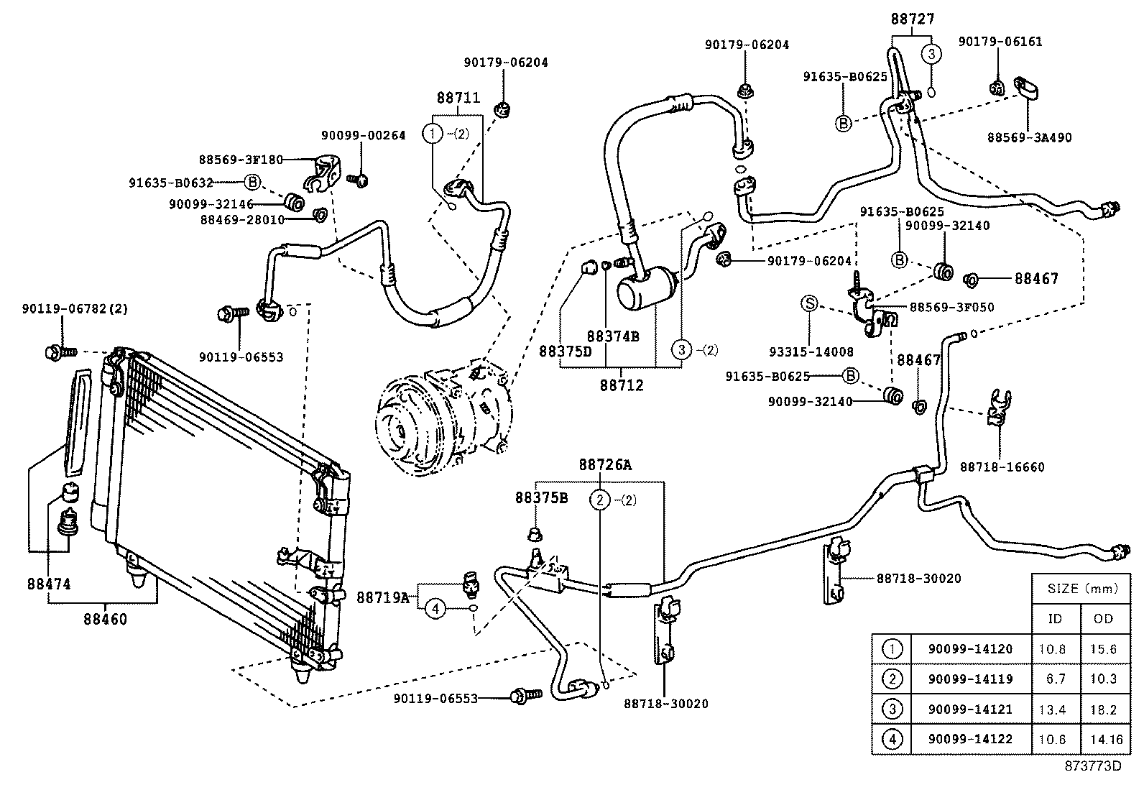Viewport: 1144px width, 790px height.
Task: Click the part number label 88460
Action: [105, 619]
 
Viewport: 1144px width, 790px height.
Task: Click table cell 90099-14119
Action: [970, 679]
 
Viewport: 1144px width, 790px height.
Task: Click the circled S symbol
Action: [810, 304]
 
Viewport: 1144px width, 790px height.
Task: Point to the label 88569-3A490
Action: [1029, 138]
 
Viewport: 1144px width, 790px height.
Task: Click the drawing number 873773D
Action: [1092, 766]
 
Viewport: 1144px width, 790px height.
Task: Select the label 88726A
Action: [605, 465]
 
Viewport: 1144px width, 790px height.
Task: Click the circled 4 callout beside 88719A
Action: [435, 610]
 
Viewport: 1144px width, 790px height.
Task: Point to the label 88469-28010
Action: [244, 219]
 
